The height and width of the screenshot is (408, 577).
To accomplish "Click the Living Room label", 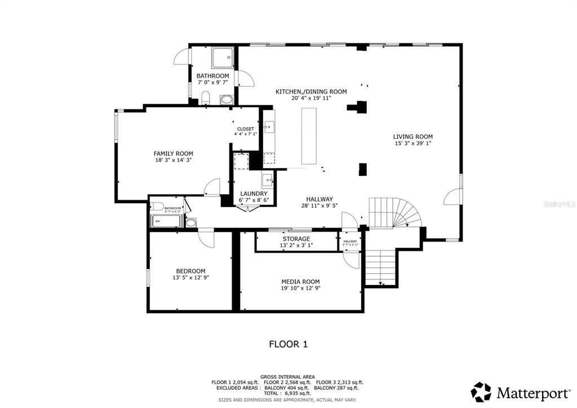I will pos(412,137).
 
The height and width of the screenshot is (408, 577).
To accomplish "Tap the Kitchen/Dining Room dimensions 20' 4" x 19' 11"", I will pos(311,98).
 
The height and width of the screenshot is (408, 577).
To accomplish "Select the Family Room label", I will pos(174,153).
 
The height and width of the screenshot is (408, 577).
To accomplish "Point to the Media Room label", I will pos(301,282).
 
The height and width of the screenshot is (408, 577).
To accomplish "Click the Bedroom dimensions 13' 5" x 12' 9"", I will pos(190,278).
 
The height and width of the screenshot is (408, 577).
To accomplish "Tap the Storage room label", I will pos(296,239).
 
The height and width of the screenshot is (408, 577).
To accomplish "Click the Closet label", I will pos(245,129).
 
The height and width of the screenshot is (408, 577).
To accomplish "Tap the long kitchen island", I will pos(308,136).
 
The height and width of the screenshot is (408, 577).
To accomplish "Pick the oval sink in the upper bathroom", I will pos(226,100).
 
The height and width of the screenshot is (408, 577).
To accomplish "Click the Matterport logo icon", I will pos(481,391).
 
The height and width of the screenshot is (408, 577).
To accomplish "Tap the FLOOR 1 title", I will pos(288,344).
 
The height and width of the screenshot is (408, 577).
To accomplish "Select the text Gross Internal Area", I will pos(287,376).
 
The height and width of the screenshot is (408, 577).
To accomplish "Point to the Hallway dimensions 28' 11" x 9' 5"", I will pos(319,206).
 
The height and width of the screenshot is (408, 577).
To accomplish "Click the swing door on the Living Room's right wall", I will pos(453,196).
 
